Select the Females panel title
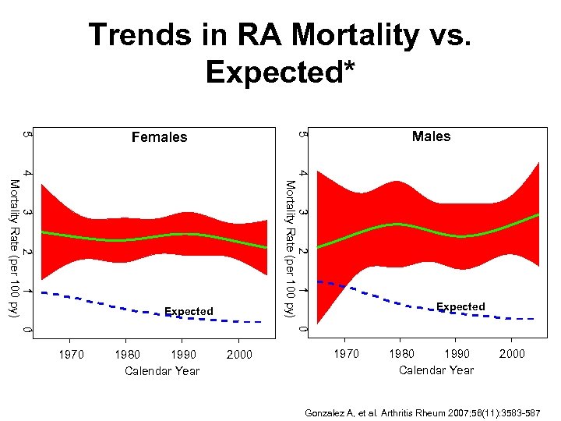point(159,137)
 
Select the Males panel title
point(431,136)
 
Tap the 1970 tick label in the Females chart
point(72,354)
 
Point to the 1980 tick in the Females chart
point(127,354)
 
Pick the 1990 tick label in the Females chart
point(182,354)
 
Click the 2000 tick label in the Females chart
point(238,354)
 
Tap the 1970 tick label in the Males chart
point(347,353)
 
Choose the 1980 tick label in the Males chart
point(401,353)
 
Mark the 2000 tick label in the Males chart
point(512,353)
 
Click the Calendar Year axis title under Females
point(162,371)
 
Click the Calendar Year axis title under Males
point(436,370)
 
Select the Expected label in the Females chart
point(189,312)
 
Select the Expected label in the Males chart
point(460,306)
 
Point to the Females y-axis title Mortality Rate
point(13,248)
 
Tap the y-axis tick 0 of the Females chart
point(28,331)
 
